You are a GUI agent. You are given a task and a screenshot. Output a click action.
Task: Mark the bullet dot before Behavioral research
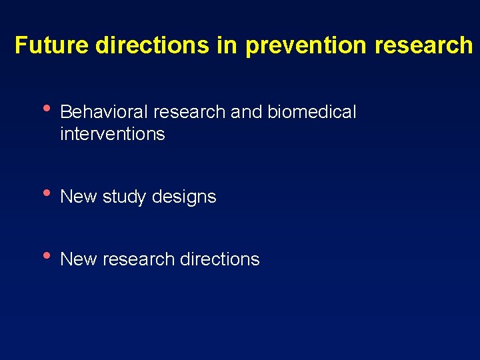(x=45, y=108)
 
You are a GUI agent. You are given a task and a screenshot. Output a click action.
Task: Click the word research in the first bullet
(x=186, y=112)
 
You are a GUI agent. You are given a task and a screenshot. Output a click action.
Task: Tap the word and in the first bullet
(x=247, y=112)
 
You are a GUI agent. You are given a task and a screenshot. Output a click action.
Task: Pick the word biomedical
(x=312, y=112)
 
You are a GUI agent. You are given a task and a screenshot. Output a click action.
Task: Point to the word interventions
(x=112, y=134)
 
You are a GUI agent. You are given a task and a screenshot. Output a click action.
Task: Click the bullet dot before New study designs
(x=45, y=193)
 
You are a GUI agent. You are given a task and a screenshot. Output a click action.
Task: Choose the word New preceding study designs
(x=79, y=197)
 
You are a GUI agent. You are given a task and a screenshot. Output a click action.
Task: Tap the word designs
(x=184, y=197)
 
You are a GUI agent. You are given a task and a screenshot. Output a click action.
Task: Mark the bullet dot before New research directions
(x=45, y=255)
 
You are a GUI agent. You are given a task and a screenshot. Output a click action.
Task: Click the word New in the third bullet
(x=79, y=259)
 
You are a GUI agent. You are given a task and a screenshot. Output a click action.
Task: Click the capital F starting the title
(x=21, y=45)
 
